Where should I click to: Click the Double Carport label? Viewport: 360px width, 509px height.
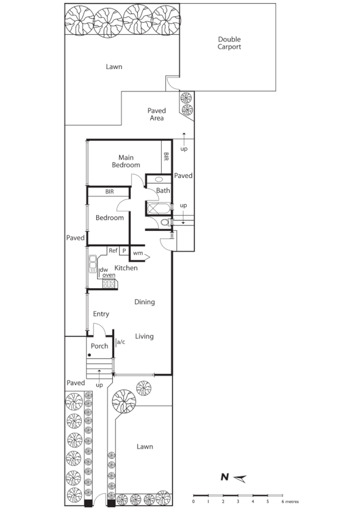point(229,43)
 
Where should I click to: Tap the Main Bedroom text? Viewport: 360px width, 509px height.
point(126,161)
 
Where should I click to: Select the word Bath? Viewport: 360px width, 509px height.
point(163,191)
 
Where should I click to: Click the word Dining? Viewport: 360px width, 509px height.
point(145,302)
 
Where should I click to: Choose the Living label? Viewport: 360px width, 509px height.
point(144,336)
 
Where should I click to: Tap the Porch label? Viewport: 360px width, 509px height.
point(99,346)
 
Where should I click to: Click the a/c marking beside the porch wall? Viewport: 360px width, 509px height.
point(120,342)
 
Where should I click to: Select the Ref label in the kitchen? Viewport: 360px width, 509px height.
point(113,251)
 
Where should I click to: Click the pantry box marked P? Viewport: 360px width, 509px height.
point(124,251)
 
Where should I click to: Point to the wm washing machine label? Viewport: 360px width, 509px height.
point(138,253)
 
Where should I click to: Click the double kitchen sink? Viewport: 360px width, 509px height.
point(93,263)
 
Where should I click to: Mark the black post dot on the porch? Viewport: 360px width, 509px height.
point(89,355)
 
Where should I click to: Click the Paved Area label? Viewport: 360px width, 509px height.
point(156,115)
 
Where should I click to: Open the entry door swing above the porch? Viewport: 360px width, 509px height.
point(99,329)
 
